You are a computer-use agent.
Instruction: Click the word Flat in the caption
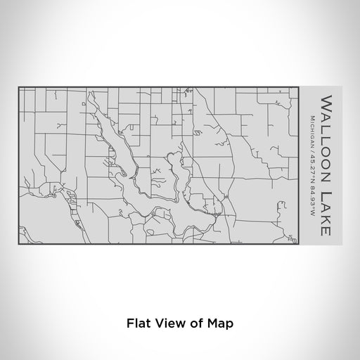137,323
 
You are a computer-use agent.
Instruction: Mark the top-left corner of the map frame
19,86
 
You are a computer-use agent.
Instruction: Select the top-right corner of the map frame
300,86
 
